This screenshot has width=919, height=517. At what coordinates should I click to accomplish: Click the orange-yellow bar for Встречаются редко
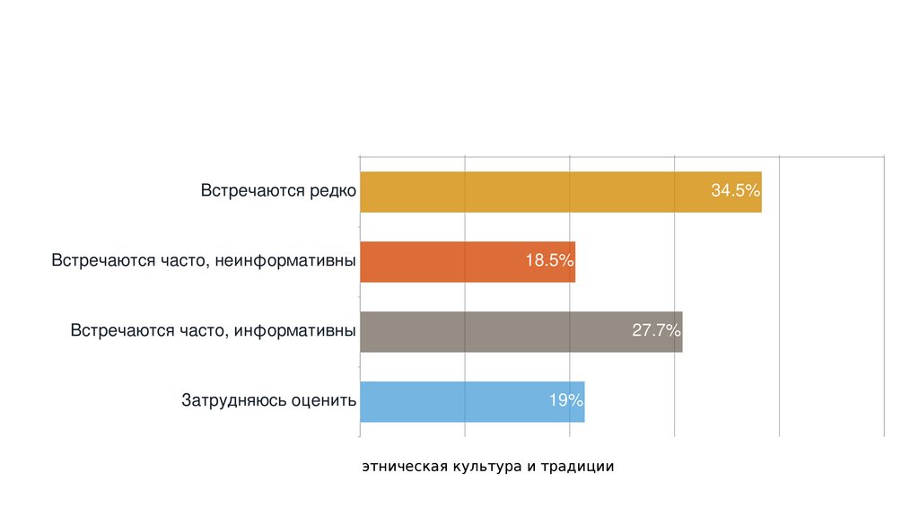click(538, 191)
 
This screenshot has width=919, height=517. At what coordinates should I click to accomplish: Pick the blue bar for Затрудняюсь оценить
click(449, 401)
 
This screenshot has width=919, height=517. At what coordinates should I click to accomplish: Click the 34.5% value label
click(735, 191)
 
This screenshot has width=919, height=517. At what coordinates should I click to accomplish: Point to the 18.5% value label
click(549, 261)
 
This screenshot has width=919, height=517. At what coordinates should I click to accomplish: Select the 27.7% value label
click(656, 331)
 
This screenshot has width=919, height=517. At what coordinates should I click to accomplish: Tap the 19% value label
click(566, 401)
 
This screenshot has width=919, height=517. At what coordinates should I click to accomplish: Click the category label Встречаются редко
click(278, 191)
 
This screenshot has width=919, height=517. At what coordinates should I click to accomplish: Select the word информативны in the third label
click(298, 331)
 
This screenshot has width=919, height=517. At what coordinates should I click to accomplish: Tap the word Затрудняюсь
click(234, 401)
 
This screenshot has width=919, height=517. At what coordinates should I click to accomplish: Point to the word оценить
click(324, 401)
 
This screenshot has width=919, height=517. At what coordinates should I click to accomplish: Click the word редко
click(333, 191)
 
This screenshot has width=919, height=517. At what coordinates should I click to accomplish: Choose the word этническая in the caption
click(405, 468)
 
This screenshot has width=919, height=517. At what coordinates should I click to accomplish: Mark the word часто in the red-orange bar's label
click(211, 261)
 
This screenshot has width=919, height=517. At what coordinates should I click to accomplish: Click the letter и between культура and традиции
click(530, 468)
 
